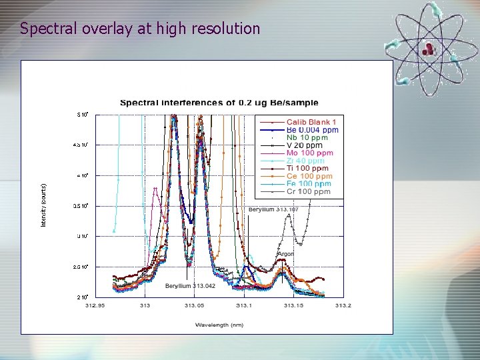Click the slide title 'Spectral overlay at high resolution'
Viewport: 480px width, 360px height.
tap(140, 29)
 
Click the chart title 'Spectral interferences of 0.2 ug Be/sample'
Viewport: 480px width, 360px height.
tap(219, 103)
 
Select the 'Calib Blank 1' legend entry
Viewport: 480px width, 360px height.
tap(311, 122)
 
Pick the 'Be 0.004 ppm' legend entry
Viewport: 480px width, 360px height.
tap(312, 130)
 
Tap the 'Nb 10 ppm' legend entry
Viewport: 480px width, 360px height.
tap(307, 137)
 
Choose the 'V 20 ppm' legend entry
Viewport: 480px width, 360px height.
tap(304, 145)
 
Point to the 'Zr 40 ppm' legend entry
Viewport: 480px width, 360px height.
tap(305, 161)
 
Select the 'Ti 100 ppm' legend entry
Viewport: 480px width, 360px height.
tap(307, 168)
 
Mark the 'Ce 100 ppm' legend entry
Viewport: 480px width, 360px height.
tap(309, 176)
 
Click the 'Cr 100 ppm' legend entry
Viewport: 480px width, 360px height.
tap(308, 191)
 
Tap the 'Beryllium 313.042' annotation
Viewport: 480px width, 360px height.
tap(190, 286)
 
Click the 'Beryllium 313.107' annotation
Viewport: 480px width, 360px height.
tap(273, 209)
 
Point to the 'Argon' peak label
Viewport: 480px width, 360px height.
tap(285, 254)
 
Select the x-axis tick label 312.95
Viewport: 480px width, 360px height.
tap(95, 306)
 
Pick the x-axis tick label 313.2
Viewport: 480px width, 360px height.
tap(343, 306)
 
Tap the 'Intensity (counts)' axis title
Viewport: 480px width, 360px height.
tap(44, 205)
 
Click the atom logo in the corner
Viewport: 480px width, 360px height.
tap(432, 45)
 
